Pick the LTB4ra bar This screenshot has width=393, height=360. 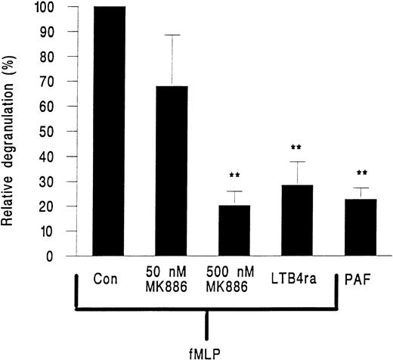[x=291, y=220]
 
